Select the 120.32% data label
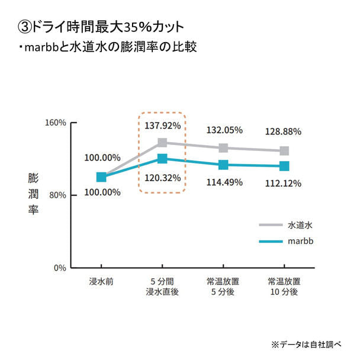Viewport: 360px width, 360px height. (x=162, y=178)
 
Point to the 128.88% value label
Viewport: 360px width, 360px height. (x=284, y=131)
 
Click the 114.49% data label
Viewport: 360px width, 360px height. (x=224, y=182)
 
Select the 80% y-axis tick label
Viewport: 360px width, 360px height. (x=57, y=195)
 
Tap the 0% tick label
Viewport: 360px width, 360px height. (x=60, y=268)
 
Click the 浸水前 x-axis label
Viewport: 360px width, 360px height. (x=101, y=281)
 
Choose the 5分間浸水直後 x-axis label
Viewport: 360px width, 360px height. (x=162, y=287)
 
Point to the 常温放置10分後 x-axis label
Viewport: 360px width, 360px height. (x=284, y=287)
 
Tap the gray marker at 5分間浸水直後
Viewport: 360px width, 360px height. (x=162, y=143)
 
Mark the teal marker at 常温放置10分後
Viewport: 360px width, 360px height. (x=284, y=166)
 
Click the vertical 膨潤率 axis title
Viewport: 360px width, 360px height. (x=33, y=194)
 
